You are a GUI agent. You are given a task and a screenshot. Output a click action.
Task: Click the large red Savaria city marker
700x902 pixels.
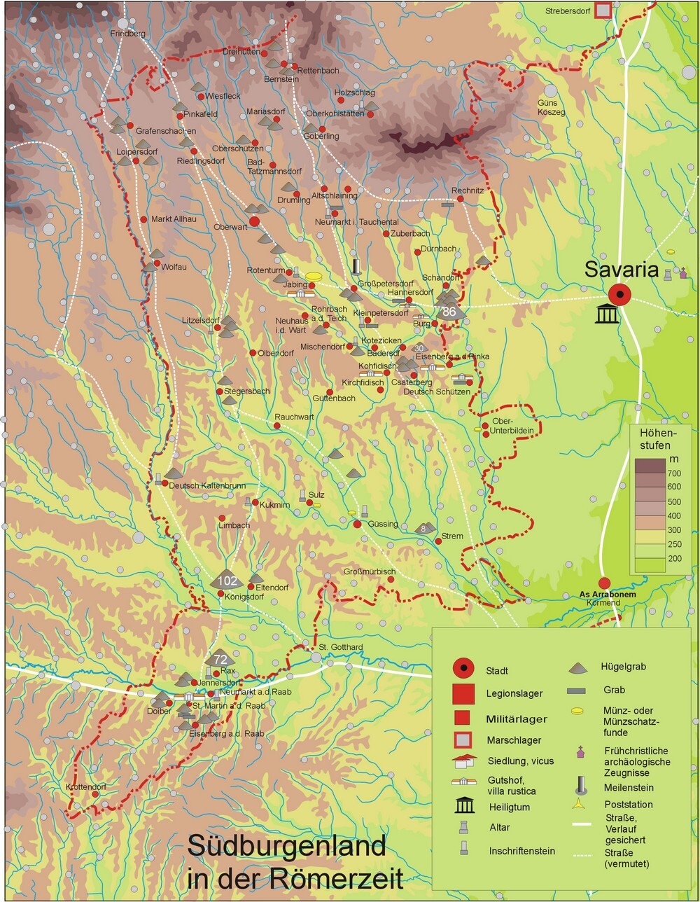click(x=619, y=295)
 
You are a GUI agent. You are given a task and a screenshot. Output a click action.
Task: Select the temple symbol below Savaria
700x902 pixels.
click(x=605, y=314)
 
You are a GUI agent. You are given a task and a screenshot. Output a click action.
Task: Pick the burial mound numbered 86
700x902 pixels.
click(x=449, y=312)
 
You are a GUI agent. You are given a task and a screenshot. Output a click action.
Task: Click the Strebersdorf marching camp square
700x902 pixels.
click(x=603, y=11)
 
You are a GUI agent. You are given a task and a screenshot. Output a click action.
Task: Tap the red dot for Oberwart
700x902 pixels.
click(x=255, y=221)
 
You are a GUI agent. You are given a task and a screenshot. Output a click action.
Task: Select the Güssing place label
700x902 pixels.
click(x=383, y=524)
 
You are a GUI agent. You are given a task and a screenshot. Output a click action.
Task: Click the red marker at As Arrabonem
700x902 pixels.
click(x=605, y=583)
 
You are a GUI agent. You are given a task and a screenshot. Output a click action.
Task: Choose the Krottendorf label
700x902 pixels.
click(x=86, y=787)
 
